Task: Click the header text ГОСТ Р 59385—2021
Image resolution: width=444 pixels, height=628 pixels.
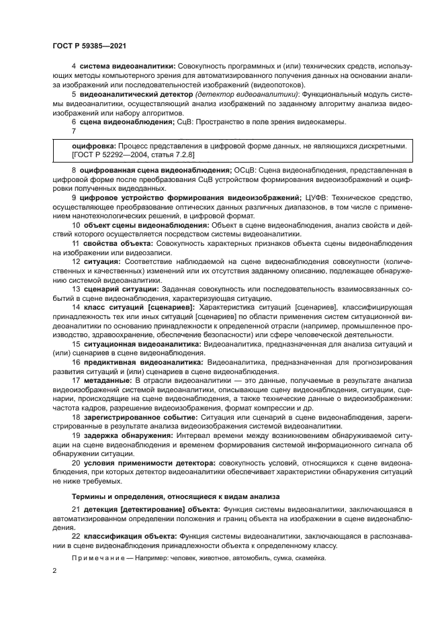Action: tap(89, 45)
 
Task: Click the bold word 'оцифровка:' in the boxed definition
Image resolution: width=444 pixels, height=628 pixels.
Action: tap(94, 145)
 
